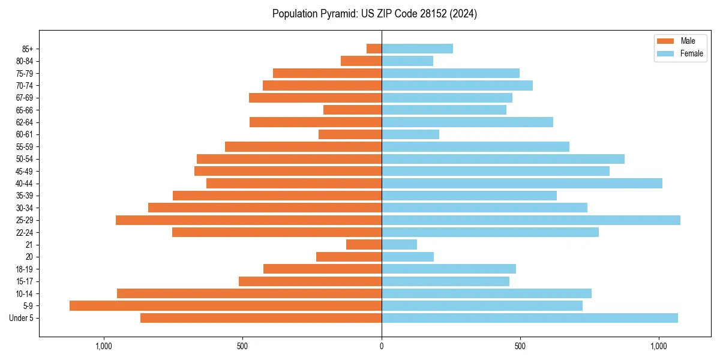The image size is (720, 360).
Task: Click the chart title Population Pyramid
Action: click(x=374, y=14)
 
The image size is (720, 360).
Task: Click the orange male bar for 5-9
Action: click(x=226, y=305)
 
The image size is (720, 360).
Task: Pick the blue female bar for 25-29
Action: click(x=531, y=220)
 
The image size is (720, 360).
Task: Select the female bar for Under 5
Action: click(x=530, y=318)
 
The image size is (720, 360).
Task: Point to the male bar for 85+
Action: click(x=374, y=49)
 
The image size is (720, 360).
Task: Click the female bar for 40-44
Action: click(x=522, y=183)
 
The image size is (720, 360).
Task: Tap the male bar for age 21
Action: click(x=364, y=244)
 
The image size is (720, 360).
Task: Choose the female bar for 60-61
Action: click(x=410, y=134)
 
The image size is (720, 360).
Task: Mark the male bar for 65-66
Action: click(x=353, y=110)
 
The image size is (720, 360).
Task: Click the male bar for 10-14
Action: click(x=250, y=293)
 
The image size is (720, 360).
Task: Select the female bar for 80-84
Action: click(x=407, y=61)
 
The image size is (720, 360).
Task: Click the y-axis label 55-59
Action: click(x=24, y=147)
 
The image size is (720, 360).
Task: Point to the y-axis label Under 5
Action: click(x=22, y=318)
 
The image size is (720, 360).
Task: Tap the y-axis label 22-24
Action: click(x=24, y=233)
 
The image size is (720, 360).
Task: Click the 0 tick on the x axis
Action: click(x=382, y=346)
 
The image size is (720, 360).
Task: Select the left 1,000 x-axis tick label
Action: click(x=104, y=346)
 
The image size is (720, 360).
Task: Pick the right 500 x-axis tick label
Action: click(x=520, y=346)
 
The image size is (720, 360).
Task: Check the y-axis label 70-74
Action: click(x=24, y=86)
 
